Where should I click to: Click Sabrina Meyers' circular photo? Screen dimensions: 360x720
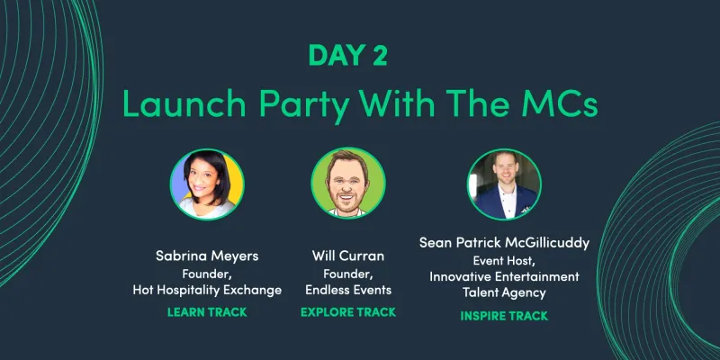pyautogui.click(x=207, y=184)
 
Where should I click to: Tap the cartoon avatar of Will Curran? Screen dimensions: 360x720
pyautogui.click(x=347, y=184)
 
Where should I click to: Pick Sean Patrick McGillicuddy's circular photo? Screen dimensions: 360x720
pyautogui.click(x=503, y=184)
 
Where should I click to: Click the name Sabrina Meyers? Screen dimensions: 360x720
pyautogui.click(x=207, y=256)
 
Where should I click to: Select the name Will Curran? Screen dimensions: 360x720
pyautogui.click(x=349, y=256)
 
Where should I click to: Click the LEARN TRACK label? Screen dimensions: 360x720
pyautogui.click(x=207, y=313)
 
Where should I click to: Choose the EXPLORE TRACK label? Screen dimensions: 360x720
pyautogui.click(x=349, y=313)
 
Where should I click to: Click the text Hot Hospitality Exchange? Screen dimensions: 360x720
pyautogui.click(x=207, y=290)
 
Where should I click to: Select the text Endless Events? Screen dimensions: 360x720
pyautogui.click(x=349, y=290)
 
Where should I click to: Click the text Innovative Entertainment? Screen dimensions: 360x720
pyautogui.click(x=503, y=276)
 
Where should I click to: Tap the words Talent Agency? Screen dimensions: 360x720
pyautogui.click(x=503, y=292)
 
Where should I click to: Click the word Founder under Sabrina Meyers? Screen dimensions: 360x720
pyautogui.click(x=207, y=274)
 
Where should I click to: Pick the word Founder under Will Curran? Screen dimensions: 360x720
pyautogui.click(x=347, y=274)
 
